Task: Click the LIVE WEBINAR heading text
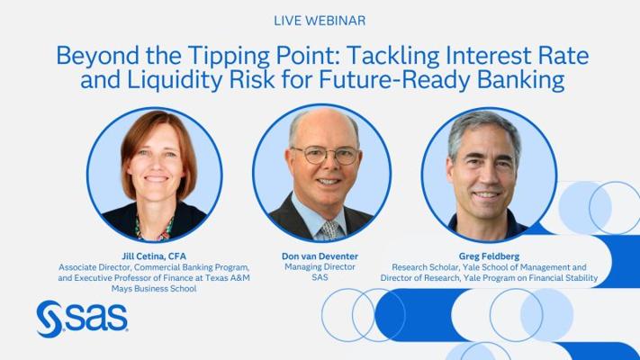pyautogui.click(x=320, y=21)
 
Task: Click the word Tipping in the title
pyautogui.click(x=229, y=56)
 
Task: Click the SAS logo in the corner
pyautogui.click(x=82, y=319)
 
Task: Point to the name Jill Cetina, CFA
pyautogui.click(x=154, y=256)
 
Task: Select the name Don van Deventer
pyautogui.click(x=320, y=256)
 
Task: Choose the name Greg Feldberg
pyautogui.click(x=489, y=256)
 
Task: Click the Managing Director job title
pyautogui.click(x=320, y=267)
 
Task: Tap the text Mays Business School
pyautogui.click(x=154, y=289)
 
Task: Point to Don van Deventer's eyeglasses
pyautogui.click(x=326, y=155)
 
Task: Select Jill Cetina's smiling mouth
pyautogui.click(x=157, y=179)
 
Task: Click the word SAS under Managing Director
pyautogui.click(x=320, y=277)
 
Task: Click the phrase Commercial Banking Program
pyautogui.click(x=192, y=267)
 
